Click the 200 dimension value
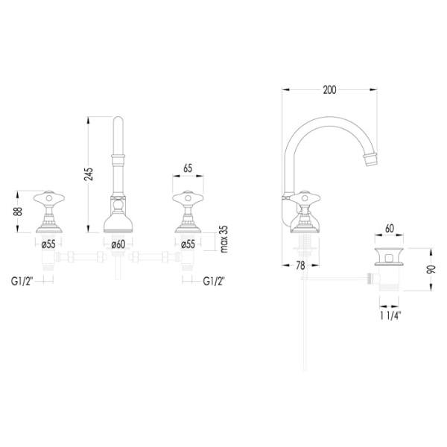(x=329, y=90)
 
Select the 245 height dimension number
(x=89, y=174)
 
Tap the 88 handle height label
(x=18, y=212)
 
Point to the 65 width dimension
(x=188, y=168)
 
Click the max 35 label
(x=224, y=239)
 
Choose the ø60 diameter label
(x=118, y=244)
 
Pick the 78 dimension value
(x=300, y=266)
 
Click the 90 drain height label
(x=431, y=270)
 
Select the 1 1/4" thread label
(x=390, y=316)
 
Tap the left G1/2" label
(x=22, y=282)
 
